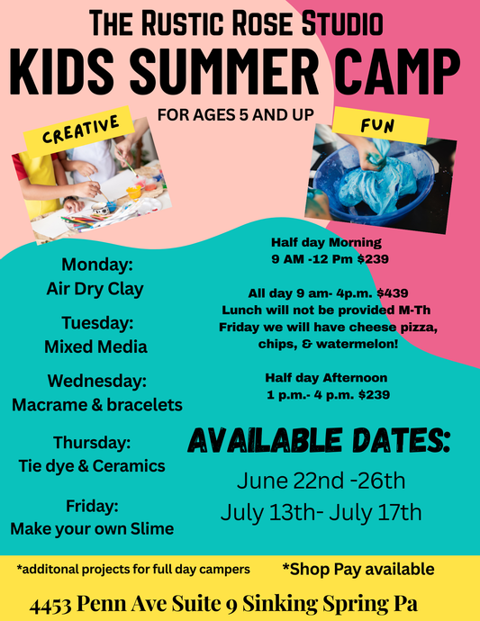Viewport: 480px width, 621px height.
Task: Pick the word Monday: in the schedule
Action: [96, 265]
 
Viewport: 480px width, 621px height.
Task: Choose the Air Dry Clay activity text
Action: [95, 290]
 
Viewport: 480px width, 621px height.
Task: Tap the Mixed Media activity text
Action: [95, 346]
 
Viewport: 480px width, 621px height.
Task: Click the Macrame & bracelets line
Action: [97, 405]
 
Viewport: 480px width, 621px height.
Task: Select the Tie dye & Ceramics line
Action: [92, 465]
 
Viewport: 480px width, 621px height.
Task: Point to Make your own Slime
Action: [92, 528]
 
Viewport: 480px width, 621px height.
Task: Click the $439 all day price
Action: [382, 292]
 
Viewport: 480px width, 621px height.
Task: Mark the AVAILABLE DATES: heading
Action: [319, 441]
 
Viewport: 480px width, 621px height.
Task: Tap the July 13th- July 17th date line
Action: [321, 512]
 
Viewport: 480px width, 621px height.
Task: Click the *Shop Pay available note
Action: [358, 569]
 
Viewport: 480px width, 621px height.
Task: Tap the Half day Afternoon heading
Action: [326, 377]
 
